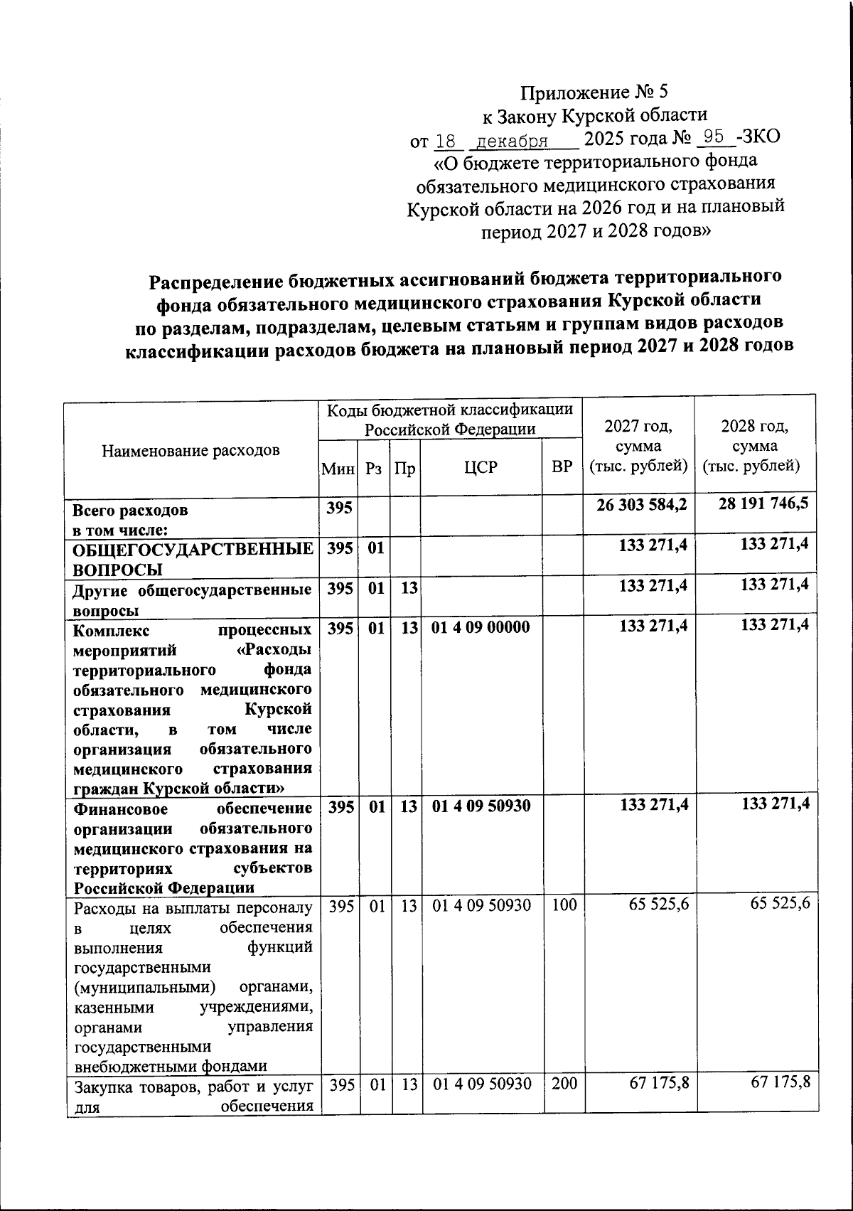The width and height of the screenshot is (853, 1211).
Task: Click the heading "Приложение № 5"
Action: [x=594, y=92]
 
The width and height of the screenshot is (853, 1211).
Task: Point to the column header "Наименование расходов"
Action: [x=191, y=450]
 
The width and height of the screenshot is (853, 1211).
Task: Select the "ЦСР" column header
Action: [x=481, y=467]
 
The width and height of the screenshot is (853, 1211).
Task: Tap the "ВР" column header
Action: [x=562, y=467]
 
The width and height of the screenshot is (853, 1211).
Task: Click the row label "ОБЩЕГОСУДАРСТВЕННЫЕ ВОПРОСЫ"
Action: [x=193, y=558]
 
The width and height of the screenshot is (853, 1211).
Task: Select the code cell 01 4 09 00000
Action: [x=480, y=628]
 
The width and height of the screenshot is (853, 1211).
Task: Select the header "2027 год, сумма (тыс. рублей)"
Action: [x=638, y=447]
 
